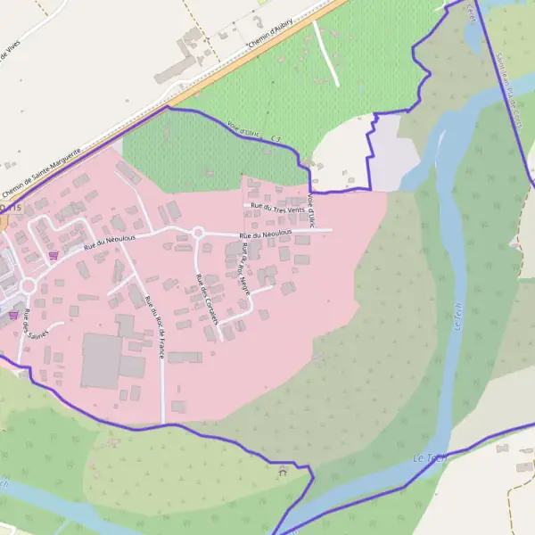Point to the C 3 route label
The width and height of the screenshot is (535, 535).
coord(276,140)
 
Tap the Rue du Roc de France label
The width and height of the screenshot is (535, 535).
coord(154,326)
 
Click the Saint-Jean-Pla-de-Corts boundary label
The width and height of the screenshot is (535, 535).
coord(510,89)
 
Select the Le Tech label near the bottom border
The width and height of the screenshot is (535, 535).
coord(429,457)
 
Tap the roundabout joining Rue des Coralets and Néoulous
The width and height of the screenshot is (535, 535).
coord(198,234)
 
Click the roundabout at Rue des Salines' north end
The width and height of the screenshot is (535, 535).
coord(28,285)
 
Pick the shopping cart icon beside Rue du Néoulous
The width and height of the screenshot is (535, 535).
coord(54,254)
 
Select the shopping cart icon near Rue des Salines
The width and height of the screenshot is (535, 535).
coord(12,314)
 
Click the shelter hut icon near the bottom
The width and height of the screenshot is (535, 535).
coord(283,471)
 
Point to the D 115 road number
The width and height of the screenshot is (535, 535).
coord(10,207)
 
